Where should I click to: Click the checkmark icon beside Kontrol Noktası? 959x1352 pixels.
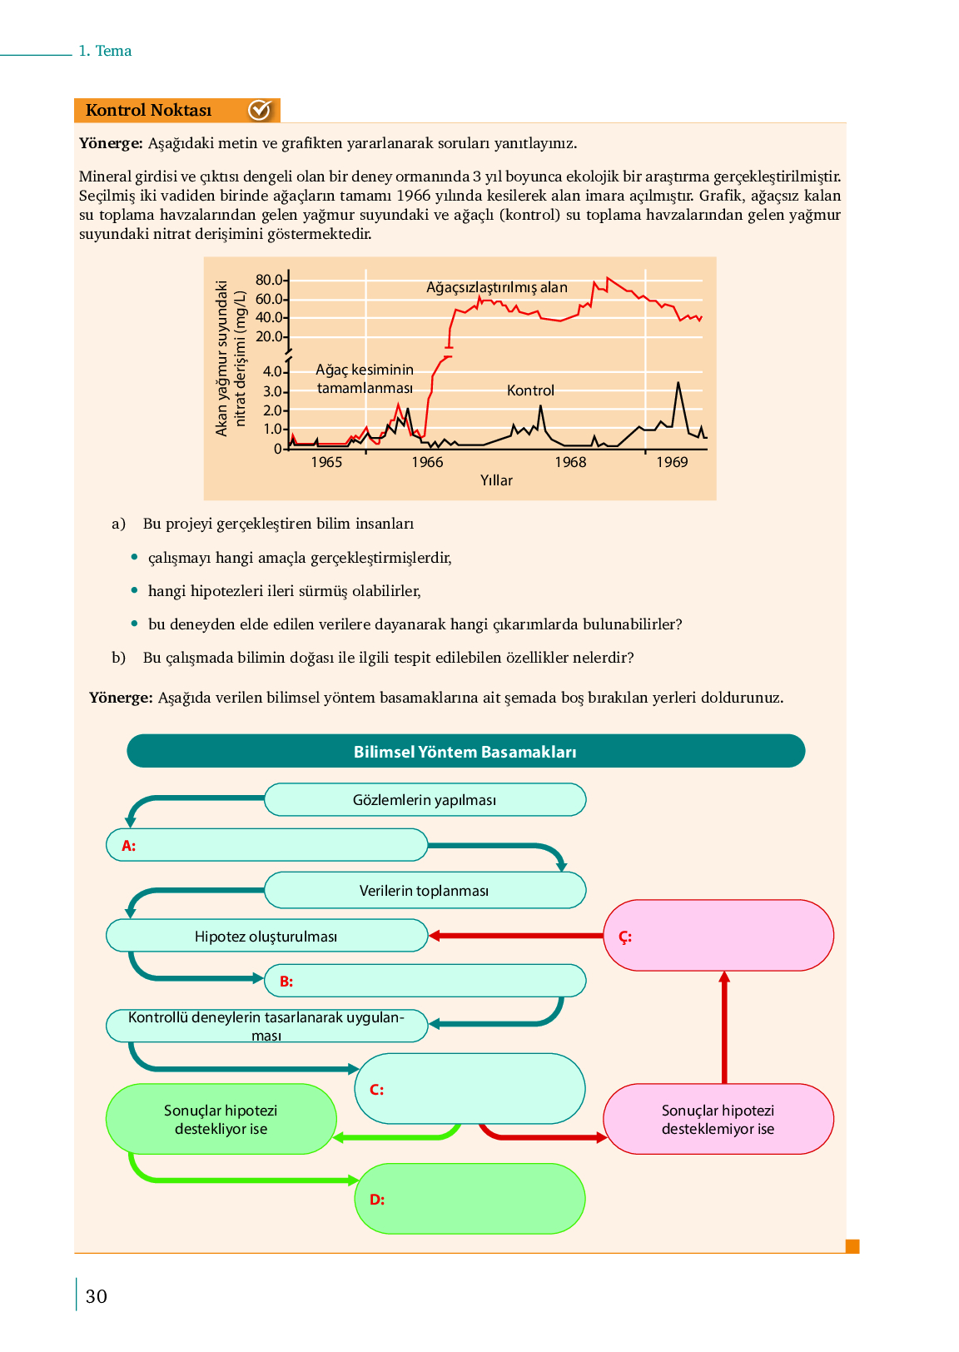pyautogui.click(x=260, y=110)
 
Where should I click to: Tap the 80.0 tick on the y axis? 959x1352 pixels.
pyautogui.click(x=268, y=280)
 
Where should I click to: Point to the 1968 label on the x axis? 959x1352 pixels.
pyautogui.click(x=570, y=462)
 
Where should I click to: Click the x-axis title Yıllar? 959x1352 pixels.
pyautogui.click(x=496, y=480)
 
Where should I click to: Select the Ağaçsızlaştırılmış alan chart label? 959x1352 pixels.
pyautogui.click(x=497, y=287)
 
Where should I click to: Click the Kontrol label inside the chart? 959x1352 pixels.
pyautogui.click(x=530, y=390)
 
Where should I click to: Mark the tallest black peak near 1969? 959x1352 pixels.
pyautogui.click(x=678, y=384)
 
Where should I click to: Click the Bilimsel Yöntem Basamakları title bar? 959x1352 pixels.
pyautogui.click(x=465, y=751)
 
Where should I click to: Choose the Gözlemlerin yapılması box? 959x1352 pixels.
pyautogui.click(x=425, y=800)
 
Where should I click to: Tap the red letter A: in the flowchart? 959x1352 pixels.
pyautogui.click(x=128, y=846)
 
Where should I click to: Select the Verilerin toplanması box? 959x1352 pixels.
pyautogui.click(x=425, y=891)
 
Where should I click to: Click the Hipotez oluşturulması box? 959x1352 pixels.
pyautogui.click(x=266, y=937)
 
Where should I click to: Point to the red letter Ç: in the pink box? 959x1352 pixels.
pyautogui.click(x=625, y=937)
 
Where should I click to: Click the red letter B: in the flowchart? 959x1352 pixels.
pyautogui.click(x=286, y=982)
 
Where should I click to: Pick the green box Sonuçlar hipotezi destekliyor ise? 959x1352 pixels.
pyautogui.click(x=221, y=1120)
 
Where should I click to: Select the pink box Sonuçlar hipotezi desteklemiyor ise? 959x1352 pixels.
pyautogui.click(x=718, y=1120)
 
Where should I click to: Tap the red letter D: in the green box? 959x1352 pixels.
pyautogui.click(x=377, y=1200)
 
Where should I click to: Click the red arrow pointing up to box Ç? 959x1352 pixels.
pyautogui.click(x=724, y=1028)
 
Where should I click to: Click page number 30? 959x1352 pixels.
pyautogui.click(x=97, y=1296)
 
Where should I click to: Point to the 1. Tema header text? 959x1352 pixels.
pyautogui.click(x=105, y=51)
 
